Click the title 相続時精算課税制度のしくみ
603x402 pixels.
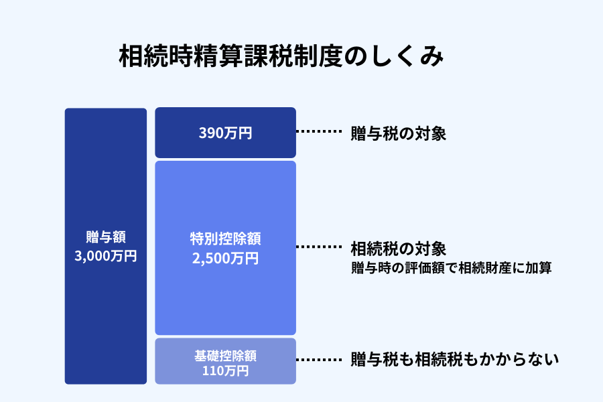281,57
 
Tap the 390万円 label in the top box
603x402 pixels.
225,133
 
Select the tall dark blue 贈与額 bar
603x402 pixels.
105,167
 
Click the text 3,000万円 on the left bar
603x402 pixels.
106,256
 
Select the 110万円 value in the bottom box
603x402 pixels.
225,370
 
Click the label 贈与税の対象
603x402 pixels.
398,133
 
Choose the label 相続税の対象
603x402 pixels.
398,249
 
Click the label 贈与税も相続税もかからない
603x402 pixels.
454,360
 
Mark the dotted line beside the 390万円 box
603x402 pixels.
319,133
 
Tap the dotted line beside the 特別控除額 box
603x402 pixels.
319,247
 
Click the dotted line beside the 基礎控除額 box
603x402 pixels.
319,360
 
